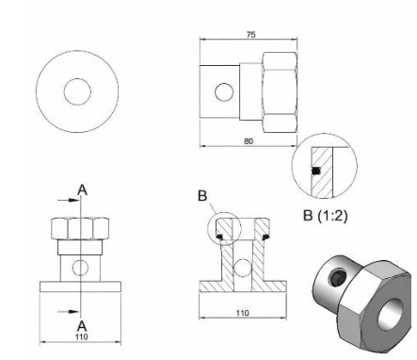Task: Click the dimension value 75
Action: tap(250, 35)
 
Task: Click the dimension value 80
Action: tap(249, 141)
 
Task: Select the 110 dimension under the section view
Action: tap(243, 313)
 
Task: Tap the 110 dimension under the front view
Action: tap(82, 336)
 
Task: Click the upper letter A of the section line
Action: tap(82, 189)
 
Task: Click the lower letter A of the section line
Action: tap(82, 326)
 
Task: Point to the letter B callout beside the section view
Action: tap(202, 196)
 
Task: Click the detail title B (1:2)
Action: tap(326, 216)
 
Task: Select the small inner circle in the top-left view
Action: tap(77, 91)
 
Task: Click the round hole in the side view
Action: tap(224, 92)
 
